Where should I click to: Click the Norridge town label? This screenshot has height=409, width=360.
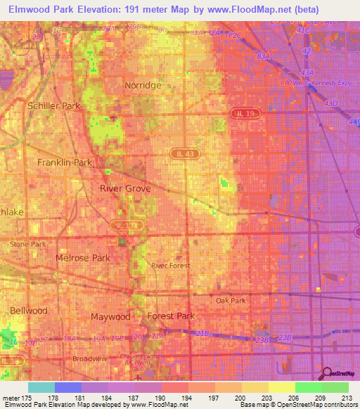143,85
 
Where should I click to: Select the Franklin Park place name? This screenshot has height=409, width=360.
65,162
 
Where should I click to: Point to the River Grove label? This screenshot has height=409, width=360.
125,189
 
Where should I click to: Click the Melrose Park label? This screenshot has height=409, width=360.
83,258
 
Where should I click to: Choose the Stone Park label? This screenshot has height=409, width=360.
28,244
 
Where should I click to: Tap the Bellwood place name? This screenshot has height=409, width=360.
29,310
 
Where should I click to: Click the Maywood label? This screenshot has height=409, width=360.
111,317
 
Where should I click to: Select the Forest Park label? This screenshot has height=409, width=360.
171,316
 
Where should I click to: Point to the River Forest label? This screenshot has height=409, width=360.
171,266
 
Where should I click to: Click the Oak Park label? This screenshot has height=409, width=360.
231,301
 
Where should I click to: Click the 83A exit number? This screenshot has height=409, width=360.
264,56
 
